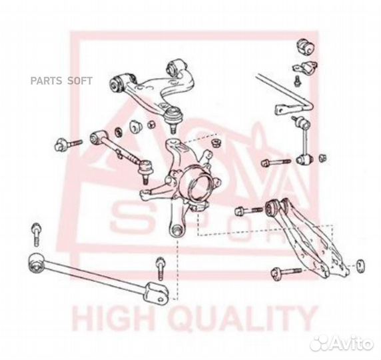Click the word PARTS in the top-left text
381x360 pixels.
[47, 81]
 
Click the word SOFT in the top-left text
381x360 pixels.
[80, 81]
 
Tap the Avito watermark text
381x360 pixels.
[352, 343]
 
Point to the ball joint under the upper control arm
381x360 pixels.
[173, 119]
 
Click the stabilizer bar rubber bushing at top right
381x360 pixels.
[306, 47]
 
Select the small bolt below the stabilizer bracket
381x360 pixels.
[297, 81]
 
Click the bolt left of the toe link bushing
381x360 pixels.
[69, 144]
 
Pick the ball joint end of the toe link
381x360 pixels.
[145, 171]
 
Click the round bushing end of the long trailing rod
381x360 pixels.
[36, 262]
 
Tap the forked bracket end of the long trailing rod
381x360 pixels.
[156, 293]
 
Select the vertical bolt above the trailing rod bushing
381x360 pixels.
[36, 234]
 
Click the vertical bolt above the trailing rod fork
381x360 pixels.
[161, 268]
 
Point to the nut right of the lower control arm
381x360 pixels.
[360, 265]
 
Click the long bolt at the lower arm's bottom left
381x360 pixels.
[286, 273]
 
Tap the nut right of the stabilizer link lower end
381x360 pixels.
[322, 158]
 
